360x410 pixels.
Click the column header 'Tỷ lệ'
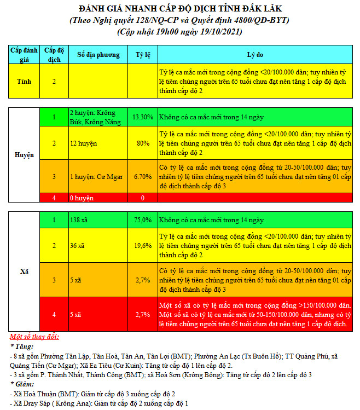click(x=142, y=55)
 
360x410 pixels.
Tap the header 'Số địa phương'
click(x=98, y=55)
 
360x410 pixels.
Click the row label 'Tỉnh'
click(x=24, y=81)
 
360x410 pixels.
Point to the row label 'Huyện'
click(x=24, y=155)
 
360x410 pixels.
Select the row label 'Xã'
click(x=24, y=271)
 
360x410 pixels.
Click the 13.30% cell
click(x=142, y=117)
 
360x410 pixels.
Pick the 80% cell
click(x=143, y=143)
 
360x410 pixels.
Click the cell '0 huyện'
click(x=82, y=198)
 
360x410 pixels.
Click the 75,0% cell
click(x=143, y=220)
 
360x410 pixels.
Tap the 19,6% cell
click(x=143, y=245)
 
